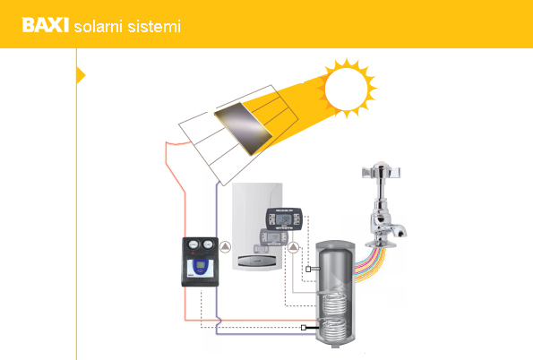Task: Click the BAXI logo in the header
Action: tap(45, 25)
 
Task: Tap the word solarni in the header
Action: tap(98, 27)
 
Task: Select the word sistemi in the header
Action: tap(154, 27)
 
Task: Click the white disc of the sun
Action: tap(346, 89)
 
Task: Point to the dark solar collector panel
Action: tap(243, 128)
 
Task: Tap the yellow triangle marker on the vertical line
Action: tap(81, 75)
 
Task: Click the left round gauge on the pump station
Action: tap(193, 244)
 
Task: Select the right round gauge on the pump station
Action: tap(207, 244)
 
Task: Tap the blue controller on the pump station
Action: tap(201, 265)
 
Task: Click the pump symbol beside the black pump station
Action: tap(225, 247)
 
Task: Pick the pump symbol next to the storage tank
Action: tap(293, 247)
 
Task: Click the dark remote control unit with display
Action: tap(283, 219)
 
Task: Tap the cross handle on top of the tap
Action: tap(382, 171)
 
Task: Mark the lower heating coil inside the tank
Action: tap(334, 329)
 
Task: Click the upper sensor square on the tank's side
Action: tap(308, 270)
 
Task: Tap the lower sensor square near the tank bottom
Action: tap(304, 328)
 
